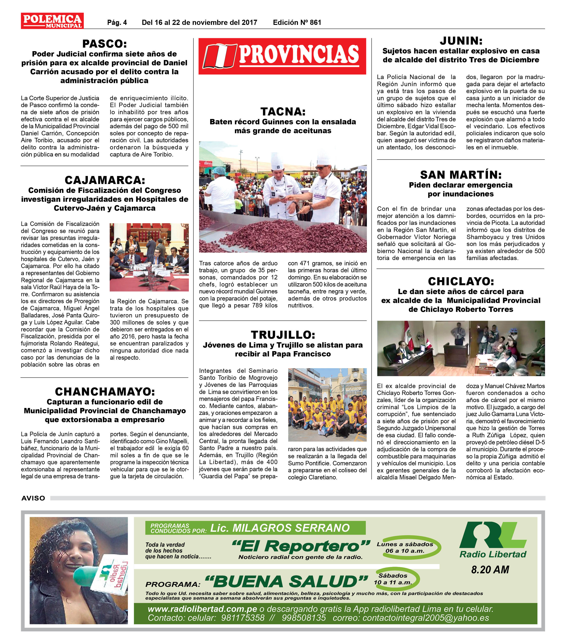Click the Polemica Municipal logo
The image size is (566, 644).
52,21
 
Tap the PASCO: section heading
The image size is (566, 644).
105,44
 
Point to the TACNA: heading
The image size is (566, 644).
283,112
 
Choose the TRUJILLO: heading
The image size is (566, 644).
283,335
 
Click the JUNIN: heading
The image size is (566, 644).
461,41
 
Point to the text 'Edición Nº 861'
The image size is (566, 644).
297,22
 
